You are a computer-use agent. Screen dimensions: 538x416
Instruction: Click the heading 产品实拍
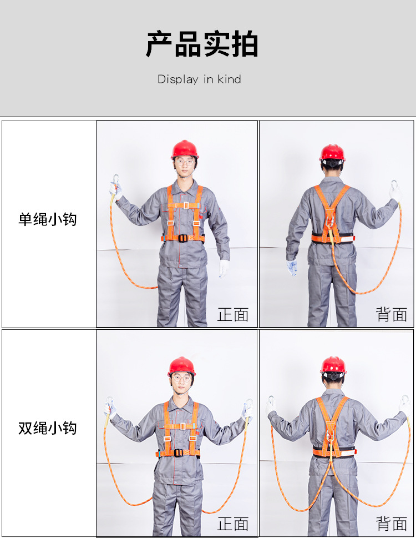pos(202,45)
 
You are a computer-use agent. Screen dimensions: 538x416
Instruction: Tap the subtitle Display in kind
pos(199,79)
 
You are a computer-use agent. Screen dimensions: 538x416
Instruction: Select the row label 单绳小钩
pos(48,219)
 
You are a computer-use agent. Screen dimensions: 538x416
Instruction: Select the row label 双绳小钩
pos(48,428)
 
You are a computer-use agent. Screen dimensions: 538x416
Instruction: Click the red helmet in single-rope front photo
pos(185,149)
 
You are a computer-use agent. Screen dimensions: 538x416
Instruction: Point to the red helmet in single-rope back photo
pos(332,152)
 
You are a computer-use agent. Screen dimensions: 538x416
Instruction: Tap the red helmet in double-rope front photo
pos(182,366)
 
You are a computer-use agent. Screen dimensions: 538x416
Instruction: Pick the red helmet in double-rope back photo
pos(333,365)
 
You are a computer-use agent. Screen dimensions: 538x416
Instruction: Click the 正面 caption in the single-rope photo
pos(233,315)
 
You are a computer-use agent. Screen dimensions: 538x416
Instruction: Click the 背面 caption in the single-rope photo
pos(392,315)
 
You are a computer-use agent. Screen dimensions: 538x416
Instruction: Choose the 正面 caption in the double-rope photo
pos(233,524)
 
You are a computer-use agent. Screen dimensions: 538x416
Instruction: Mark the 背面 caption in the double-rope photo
pos(392,524)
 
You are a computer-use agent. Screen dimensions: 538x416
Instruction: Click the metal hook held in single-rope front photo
pos(115,180)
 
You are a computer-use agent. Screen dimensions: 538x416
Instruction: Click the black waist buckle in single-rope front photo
pos(182,238)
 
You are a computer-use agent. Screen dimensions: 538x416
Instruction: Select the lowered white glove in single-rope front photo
pos(224,268)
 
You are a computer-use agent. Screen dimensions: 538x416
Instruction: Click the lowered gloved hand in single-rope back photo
pos(292,268)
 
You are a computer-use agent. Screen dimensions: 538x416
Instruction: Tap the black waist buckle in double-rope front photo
pos(179,452)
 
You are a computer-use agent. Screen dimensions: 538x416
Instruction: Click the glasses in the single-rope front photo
pos(185,163)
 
